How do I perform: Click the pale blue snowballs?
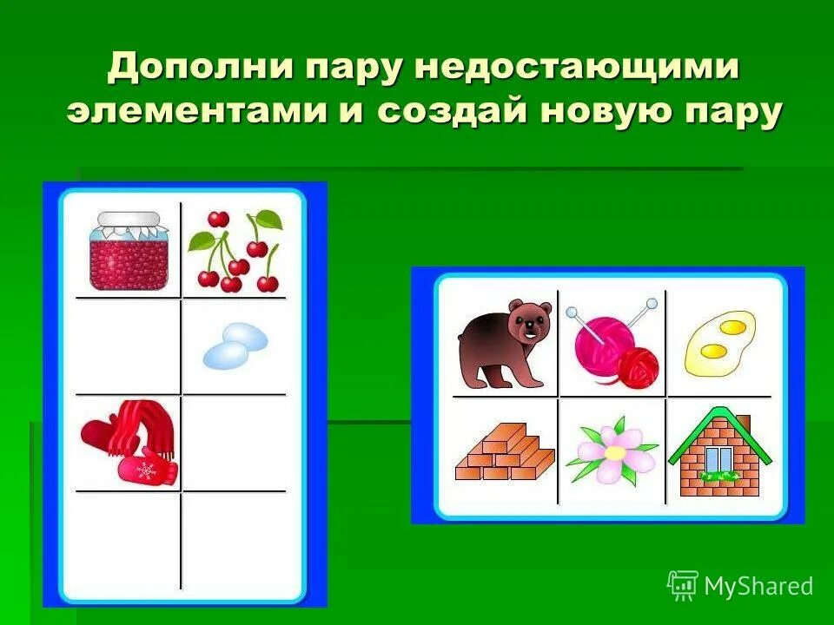pyautogui.click(x=235, y=345)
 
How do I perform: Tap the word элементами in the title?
pyautogui.click(x=208, y=113)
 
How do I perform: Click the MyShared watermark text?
pyautogui.click(x=758, y=586)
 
